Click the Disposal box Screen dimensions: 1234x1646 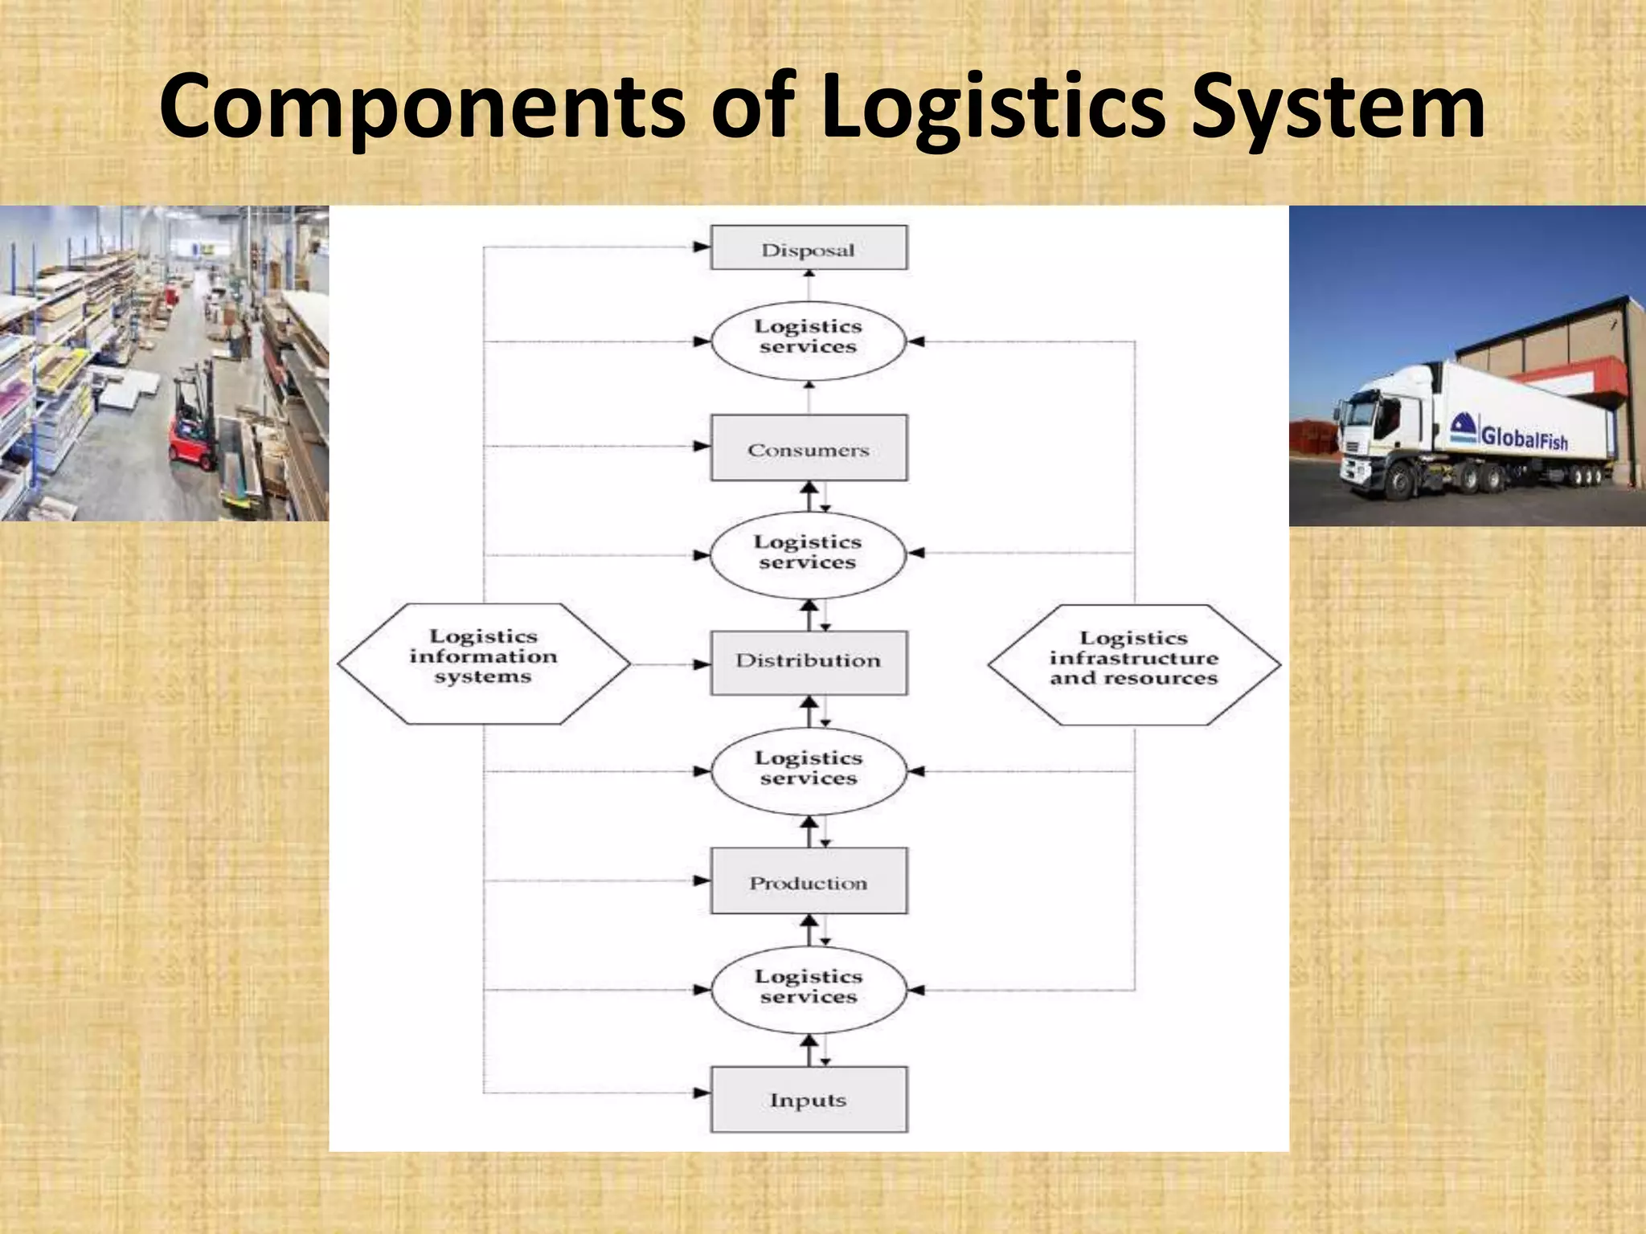pos(809,248)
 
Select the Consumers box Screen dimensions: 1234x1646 pos(809,448)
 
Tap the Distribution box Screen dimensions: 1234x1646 pos(809,662)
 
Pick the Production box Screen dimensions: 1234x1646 pos(809,881)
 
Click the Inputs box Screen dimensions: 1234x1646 pos(809,1099)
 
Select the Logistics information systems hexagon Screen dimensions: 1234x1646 pos(483,664)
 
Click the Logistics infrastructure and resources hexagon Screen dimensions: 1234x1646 pos(1134,665)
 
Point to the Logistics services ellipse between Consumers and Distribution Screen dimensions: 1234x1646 pos(809,554)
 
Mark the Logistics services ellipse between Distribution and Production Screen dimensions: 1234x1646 pos(809,770)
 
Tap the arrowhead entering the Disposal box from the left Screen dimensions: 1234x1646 pos(701,247)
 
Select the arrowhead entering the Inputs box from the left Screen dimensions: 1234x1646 pos(701,1093)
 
